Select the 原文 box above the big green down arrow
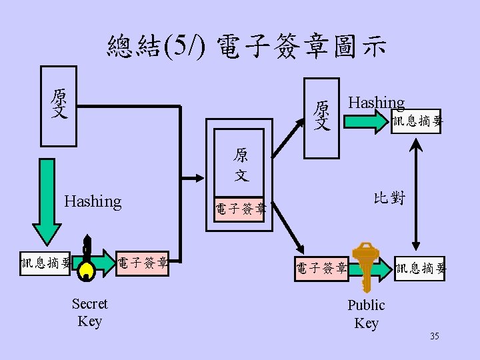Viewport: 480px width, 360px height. [59, 105]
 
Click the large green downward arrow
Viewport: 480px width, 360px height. [46, 200]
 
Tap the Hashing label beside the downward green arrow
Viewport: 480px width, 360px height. [93, 201]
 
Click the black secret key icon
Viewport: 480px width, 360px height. [85, 260]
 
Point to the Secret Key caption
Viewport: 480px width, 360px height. [89, 313]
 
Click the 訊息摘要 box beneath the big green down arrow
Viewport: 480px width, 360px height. [45, 264]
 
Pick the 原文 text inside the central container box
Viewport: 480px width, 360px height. [241, 165]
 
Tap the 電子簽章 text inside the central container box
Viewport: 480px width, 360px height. [240, 209]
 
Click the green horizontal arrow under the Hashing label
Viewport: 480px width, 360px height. [368, 121]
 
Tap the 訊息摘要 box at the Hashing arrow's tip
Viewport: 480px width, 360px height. [417, 121]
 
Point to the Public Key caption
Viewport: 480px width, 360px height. [366, 314]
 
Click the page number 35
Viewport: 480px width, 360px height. [434, 336]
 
